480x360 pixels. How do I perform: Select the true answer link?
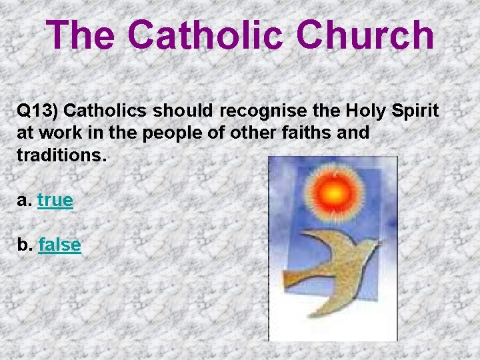click(x=55, y=200)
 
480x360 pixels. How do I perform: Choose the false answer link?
click(x=60, y=245)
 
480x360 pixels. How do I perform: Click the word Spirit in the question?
click(x=413, y=111)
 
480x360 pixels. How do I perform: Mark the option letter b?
click(x=23, y=245)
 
